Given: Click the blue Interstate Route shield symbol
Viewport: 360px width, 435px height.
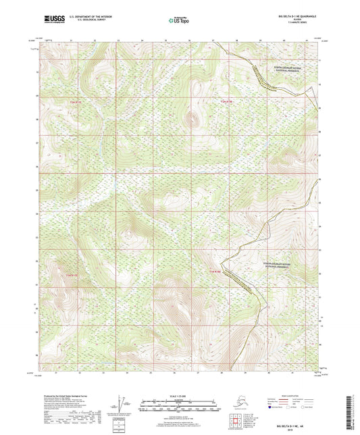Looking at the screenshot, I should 271,408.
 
